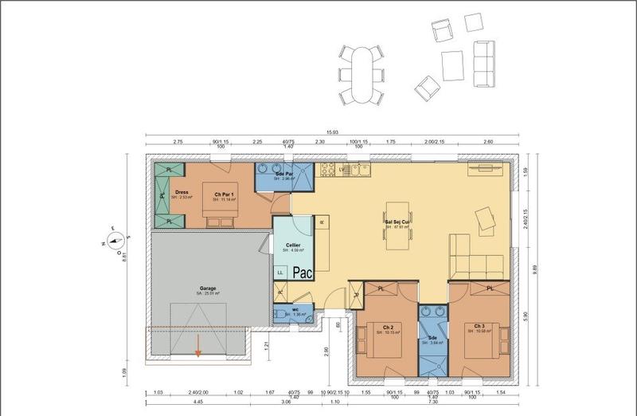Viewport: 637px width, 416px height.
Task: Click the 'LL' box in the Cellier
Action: (280, 272)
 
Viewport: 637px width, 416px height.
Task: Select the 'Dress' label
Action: (182, 191)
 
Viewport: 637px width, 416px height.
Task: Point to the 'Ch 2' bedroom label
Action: (387, 327)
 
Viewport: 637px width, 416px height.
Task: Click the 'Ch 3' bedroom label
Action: (479, 326)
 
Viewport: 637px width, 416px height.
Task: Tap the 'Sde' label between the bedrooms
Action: (432, 337)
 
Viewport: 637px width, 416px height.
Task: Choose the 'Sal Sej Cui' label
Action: (396, 222)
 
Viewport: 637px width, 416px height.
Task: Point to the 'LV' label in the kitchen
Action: (343, 169)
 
